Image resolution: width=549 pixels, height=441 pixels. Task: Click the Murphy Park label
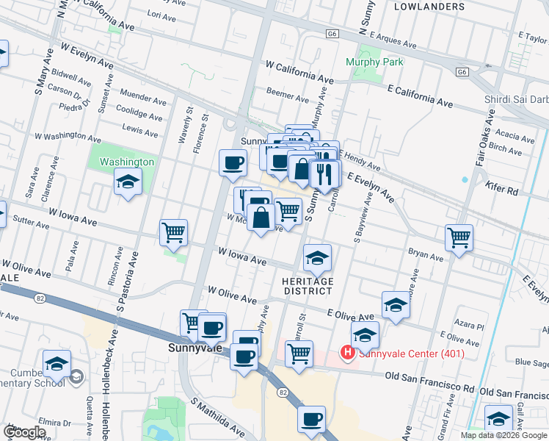click(374, 62)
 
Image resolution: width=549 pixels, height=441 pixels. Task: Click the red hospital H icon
click(346, 354)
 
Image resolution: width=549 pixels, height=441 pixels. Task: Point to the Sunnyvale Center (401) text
click(411, 354)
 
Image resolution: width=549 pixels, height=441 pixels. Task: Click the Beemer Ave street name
click(287, 96)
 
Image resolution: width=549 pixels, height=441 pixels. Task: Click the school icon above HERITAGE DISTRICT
click(317, 257)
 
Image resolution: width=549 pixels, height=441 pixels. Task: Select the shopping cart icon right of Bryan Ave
click(459, 237)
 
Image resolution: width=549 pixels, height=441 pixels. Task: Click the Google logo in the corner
click(23, 432)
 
